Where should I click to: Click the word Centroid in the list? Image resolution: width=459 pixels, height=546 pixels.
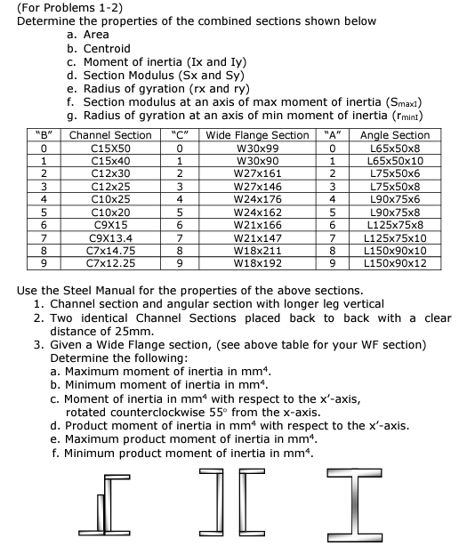107,48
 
